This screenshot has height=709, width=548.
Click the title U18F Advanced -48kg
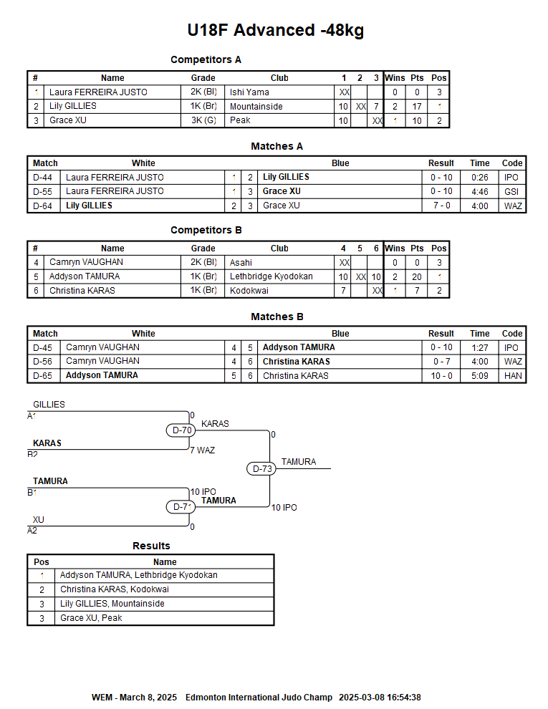[x=275, y=30]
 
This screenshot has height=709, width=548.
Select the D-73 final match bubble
[x=263, y=468]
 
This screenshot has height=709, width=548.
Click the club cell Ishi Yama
[x=249, y=92]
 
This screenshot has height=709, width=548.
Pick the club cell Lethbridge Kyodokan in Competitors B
[x=271, y=276]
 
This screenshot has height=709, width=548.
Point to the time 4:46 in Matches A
[x=479, y=191]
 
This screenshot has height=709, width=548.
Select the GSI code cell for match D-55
[x=511, y=191]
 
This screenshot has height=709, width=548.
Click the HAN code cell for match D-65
[x=512, y=375]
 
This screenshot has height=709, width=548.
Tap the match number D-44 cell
[x=43, y=177]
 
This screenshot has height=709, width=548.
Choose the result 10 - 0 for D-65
[x=441, y=375]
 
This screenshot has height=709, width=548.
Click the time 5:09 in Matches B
[x=479, y=375]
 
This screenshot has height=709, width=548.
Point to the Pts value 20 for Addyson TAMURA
[x=417, y=276]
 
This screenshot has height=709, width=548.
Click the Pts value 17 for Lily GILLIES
[x=417, y=107]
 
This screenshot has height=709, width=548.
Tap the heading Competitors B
[x=206, y=230]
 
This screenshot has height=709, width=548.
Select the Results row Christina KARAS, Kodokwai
[x=115, y=589]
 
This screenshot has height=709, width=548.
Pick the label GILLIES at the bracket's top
[x=49, y=405]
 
